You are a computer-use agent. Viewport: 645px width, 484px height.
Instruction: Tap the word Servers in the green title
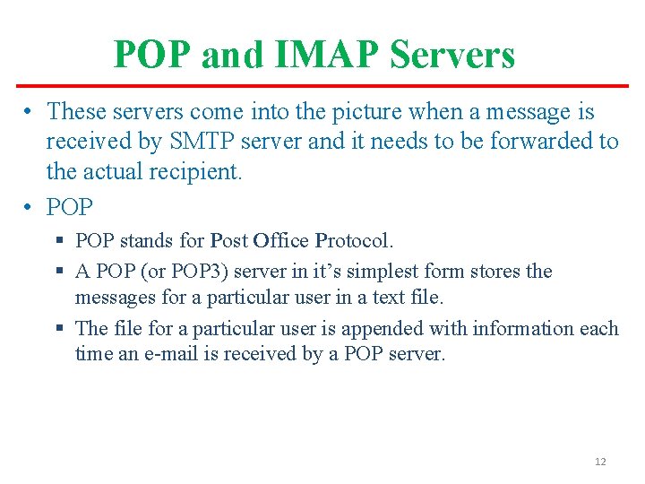tap(454, 56)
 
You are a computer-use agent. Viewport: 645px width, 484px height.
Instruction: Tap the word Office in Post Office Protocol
tap(281, 241)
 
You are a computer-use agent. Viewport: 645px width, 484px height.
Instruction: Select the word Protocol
tap(353, 241)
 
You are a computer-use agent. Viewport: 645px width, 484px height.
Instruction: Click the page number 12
tap(600, 462)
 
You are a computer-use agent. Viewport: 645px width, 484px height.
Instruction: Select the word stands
tap(147, 241)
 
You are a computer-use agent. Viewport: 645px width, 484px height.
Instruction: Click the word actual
tap(118, 171)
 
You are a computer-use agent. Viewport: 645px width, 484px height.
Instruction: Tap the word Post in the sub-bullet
tap(228, 241)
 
